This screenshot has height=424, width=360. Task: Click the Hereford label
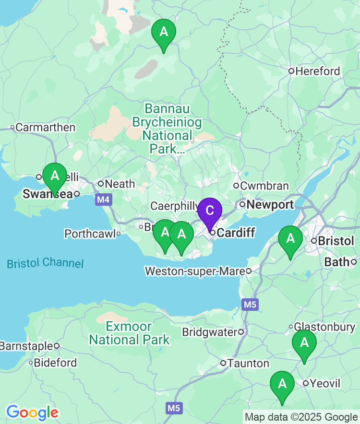(x=317, y=71)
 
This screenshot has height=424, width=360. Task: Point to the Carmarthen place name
(x=45, y=128)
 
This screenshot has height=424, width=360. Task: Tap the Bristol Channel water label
(x=45, y=263)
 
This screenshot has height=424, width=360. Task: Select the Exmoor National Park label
(x=129, y=333)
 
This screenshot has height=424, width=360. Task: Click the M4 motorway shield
(x=102, y=199)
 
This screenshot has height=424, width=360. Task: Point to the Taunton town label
(x=248, y=363)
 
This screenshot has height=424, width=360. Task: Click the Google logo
(x=32, y=412)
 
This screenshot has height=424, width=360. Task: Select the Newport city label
(x=270, y=205)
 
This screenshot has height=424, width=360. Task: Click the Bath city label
(x=337, y=262)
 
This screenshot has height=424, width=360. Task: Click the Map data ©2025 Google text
(x=301, y=417)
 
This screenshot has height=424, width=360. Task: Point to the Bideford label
(x=55, y=363)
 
